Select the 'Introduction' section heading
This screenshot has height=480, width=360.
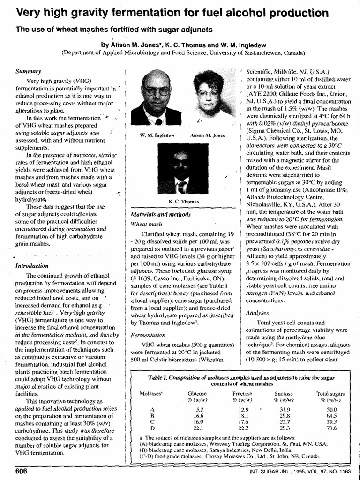[32, 265]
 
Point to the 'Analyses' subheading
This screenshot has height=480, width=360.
[257, 312]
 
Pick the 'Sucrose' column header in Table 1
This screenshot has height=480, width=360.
[284, 394]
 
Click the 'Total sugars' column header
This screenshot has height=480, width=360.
[330, 394]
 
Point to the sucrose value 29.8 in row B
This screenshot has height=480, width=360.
[285, 415]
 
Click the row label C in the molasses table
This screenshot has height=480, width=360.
[152, 421]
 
